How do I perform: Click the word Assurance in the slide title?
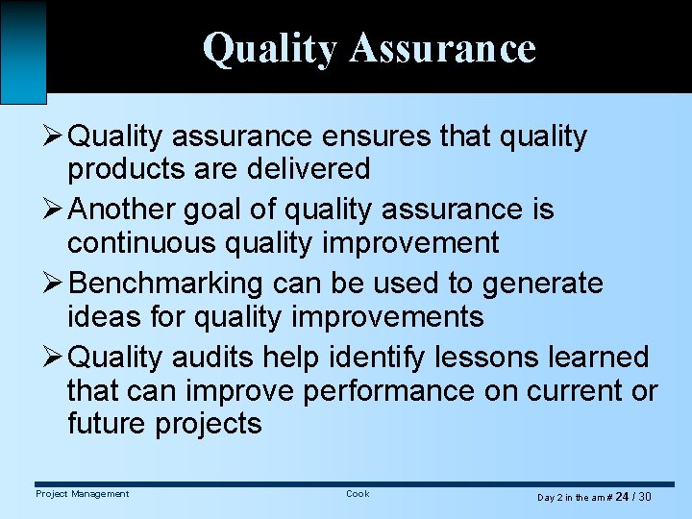tap(442, 48)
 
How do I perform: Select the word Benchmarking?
tap(166, 284)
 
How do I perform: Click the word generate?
tap(543, 284)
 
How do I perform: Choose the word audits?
tap(217, 358)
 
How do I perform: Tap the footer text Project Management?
tap(82, 494)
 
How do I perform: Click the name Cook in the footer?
tap(357, 494)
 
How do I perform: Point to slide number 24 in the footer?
tap(622, 497)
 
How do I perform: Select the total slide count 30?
tap(644, 497)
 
